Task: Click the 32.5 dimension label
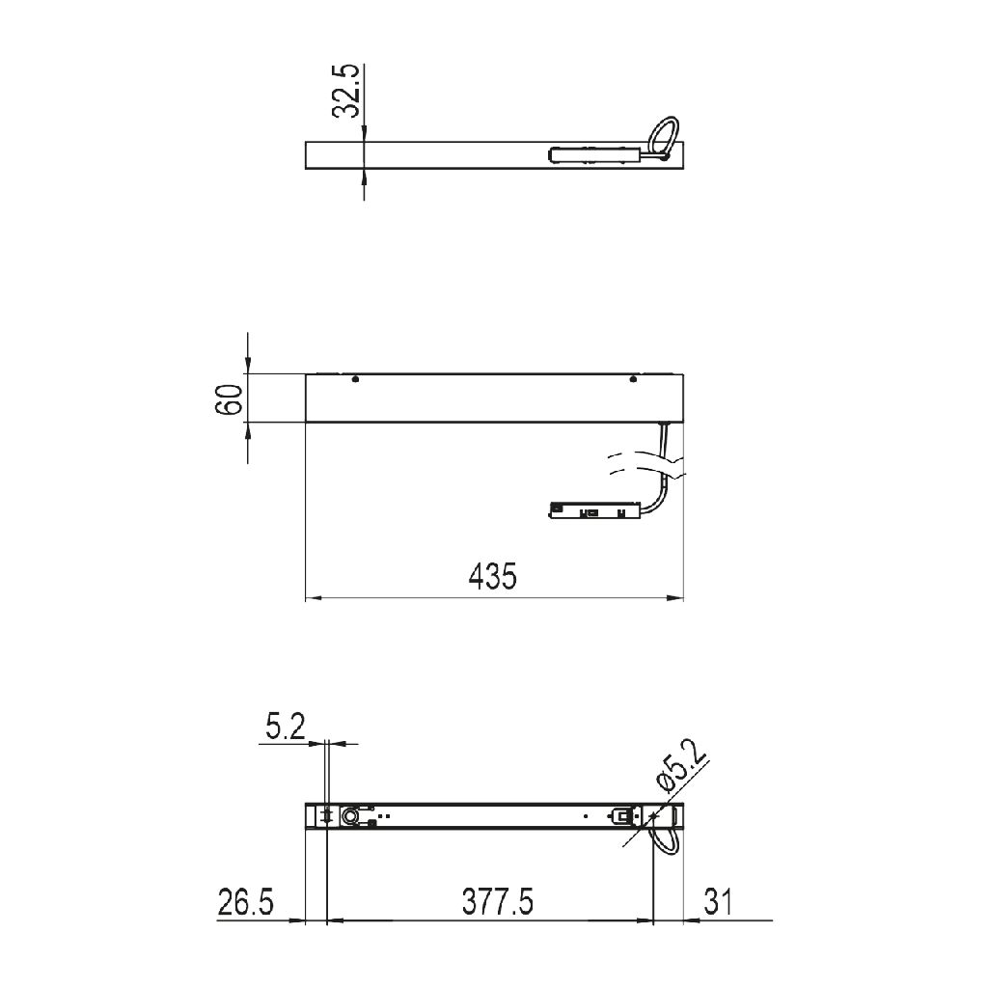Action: (x=346, y=91)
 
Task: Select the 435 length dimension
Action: (x=493, y=576)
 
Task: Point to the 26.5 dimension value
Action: (x=246, y=902)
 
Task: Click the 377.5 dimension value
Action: (x=497, y=902)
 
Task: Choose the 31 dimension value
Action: (x=718, y=902)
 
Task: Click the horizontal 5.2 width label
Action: (x=286, y=727)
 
